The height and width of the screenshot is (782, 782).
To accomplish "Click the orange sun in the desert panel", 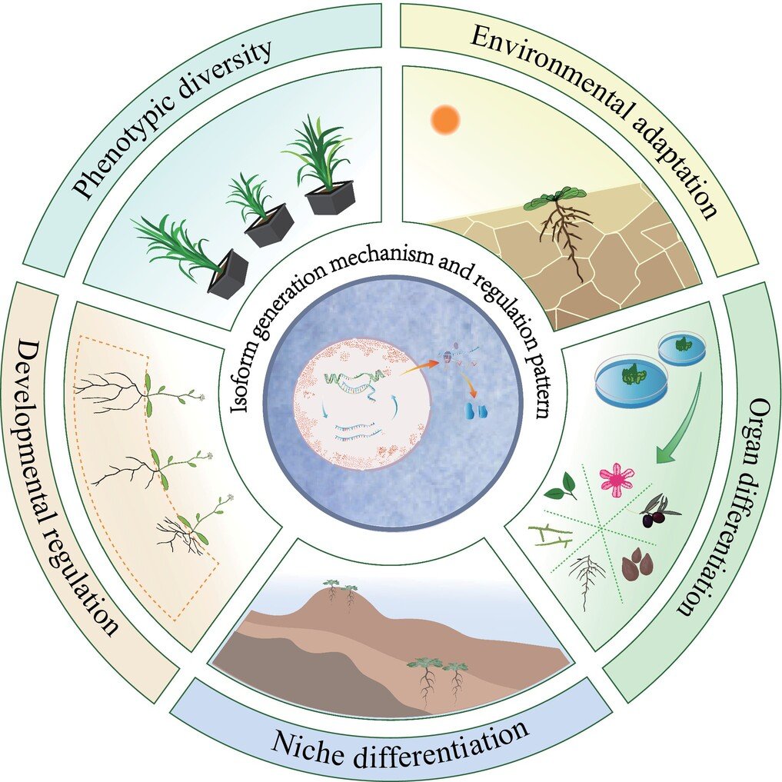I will point(445,119).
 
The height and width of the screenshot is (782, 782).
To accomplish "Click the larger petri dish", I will point(631,381).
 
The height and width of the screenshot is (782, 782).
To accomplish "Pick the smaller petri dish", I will point(681,347).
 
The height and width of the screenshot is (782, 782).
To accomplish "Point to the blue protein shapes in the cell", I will point(471,410).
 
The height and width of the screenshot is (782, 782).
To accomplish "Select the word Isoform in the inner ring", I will point(247,384).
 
